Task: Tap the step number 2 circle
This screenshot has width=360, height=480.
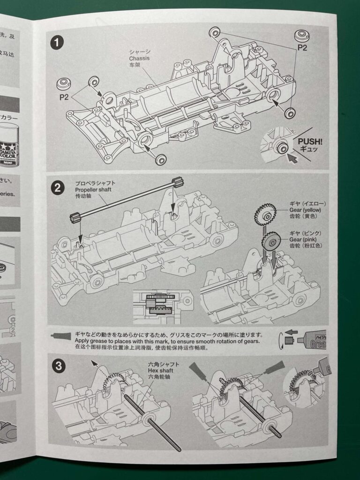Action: (57, 188)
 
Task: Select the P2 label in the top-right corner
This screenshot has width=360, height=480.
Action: (302, 47)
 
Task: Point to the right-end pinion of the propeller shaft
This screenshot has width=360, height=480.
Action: (176, 182)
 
